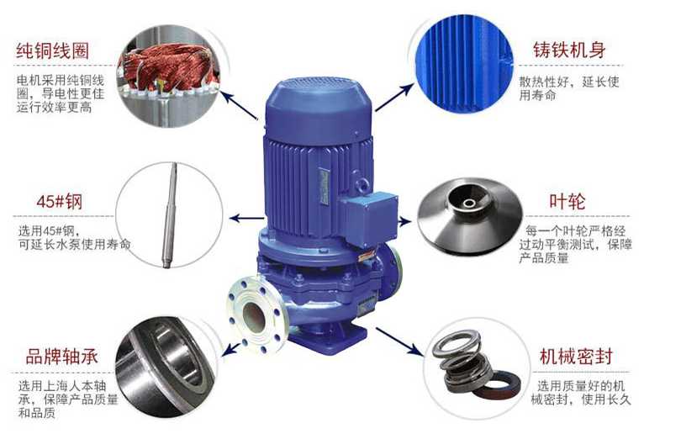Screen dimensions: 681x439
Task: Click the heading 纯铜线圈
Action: point(53,50)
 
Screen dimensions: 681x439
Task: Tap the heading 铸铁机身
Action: point(569,50)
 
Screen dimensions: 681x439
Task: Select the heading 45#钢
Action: point(60,202)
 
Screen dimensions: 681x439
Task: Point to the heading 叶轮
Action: point(567,201)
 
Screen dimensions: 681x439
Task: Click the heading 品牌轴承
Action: point(61,357)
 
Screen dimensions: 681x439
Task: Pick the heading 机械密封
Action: point(576,356)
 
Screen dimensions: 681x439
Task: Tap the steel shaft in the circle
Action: point(169,215)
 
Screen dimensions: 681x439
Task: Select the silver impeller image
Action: point(469,215)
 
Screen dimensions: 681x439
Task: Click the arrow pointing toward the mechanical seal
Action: point(399,341)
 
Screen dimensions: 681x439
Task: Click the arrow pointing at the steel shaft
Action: point(246,218)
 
